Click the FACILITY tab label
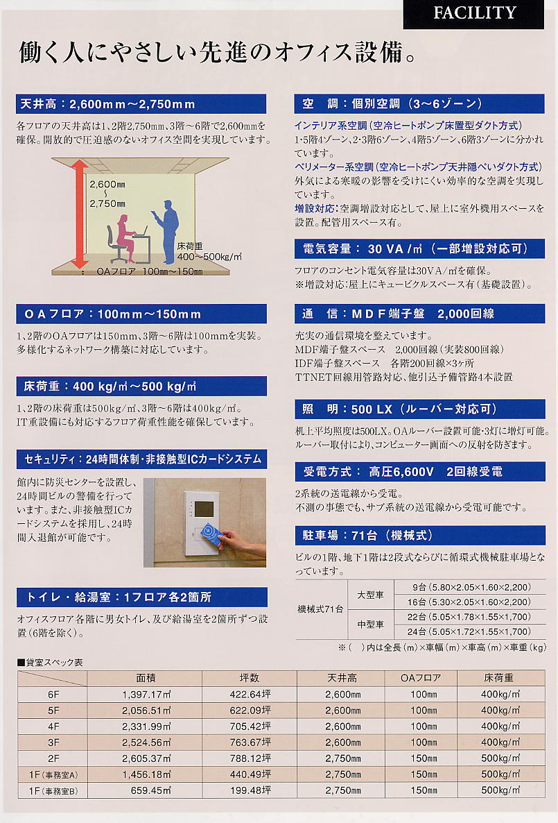coord(475,13)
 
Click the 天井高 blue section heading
coord(141,104)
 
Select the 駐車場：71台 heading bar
coord(419,536)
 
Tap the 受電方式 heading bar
coord(419,472)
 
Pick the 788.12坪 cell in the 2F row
coord(250,758)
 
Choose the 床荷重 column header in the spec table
coord(498,678)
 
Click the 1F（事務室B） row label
coord(53,790)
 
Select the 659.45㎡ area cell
coord(151,790)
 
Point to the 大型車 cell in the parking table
coord(370,595)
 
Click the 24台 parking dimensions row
coord(469,631)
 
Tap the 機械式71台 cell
coord(320,609)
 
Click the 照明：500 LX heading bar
coord(419,409)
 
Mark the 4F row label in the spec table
coord(53,727)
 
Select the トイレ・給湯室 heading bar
coord(141,597)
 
